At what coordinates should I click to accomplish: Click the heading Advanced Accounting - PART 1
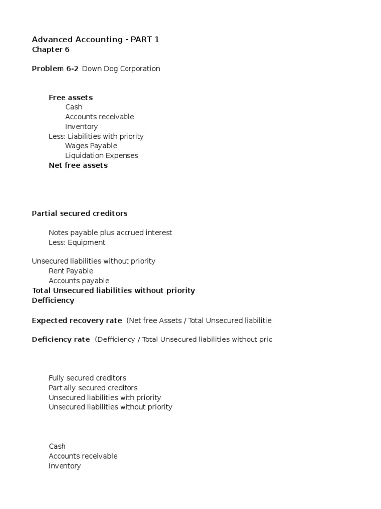tap(95, 39)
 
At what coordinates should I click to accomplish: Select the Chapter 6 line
tap(51, 50)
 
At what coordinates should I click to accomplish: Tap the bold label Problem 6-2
tap(55, 69)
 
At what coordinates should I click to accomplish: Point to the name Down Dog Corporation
tap(121, 69)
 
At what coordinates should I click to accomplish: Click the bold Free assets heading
tap(70, 98)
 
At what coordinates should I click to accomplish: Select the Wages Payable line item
tap(91, 146)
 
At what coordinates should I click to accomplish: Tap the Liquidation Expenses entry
tap(102, 156)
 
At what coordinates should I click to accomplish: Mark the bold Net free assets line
tap(78, 165)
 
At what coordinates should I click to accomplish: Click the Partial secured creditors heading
tap(79, 213)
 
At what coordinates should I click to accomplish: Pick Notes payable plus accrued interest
tap(110, 233)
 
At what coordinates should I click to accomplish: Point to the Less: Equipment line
tap(77, 243)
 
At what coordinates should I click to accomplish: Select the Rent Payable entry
tap(71, 271)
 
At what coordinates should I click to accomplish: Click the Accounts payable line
tap(79, 281)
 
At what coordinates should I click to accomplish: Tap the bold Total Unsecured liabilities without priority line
tap(114, 291)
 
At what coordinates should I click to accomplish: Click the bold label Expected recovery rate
tap(77, 321)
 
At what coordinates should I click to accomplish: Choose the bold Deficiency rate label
tap(61, 339)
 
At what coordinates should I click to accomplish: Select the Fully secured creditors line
tap(87, 378)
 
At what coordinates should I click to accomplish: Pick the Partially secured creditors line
tap(93, 388)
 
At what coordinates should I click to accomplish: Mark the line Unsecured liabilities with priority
tap(105, 398)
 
